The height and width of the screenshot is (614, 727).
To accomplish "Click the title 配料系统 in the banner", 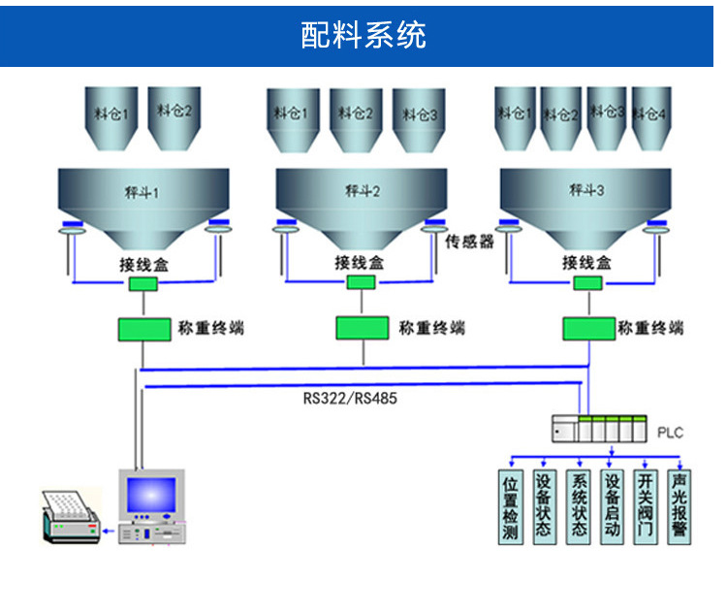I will coord(363,36).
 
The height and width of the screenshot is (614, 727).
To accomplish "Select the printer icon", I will coord(69,516).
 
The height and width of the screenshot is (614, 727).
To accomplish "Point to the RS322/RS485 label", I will coord(350,398).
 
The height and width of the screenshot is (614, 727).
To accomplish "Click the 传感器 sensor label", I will coord(470,242).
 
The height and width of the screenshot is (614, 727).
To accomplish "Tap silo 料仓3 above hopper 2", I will coord(419,118).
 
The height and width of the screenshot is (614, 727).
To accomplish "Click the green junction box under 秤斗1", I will coord(143,284).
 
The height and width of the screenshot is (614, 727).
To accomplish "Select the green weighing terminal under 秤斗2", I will coord(362,328).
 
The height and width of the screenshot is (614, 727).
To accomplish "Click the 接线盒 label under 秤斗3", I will coord(586,262).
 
